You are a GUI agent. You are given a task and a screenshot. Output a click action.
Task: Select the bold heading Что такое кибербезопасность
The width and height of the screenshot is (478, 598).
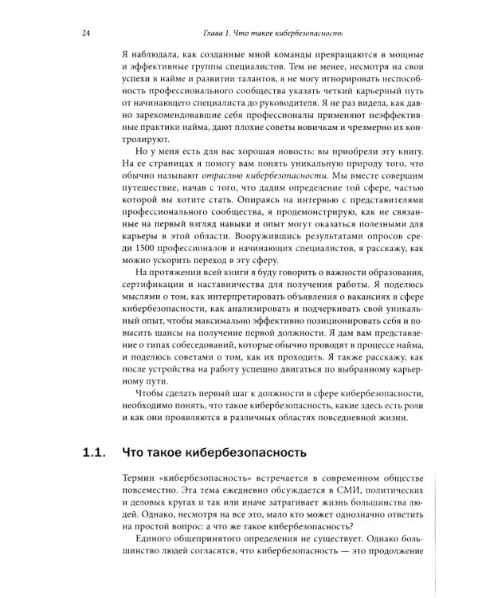pos(214,454)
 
